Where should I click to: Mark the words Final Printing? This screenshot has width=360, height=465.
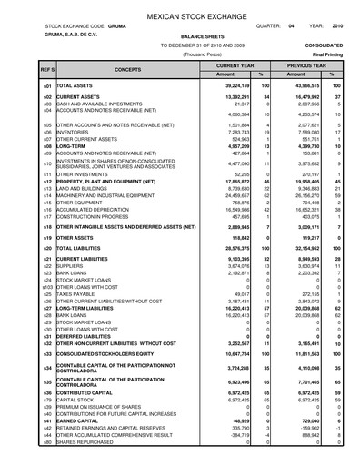[326, 54]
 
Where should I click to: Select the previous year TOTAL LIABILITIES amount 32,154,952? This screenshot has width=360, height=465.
[302, 247]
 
